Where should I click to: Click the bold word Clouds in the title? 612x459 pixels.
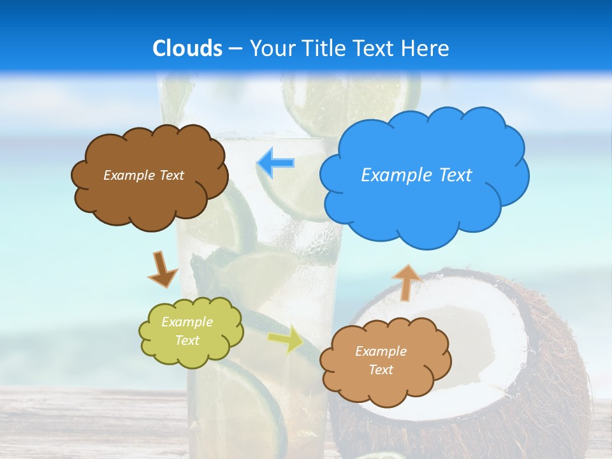click(187, 48)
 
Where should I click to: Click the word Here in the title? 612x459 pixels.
click(425, 48)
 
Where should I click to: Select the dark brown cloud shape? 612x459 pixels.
click(150, 191)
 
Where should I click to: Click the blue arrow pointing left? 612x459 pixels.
click(275, 163)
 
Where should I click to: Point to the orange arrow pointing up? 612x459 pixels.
click(406, 281)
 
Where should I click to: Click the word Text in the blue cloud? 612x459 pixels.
click(455, 175)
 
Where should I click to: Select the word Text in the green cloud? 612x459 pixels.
click(187, 340)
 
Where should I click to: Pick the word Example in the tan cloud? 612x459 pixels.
click(381, 351)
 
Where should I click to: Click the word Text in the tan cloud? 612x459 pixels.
click(381, 370)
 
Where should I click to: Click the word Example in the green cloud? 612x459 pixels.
click(187, 322)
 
